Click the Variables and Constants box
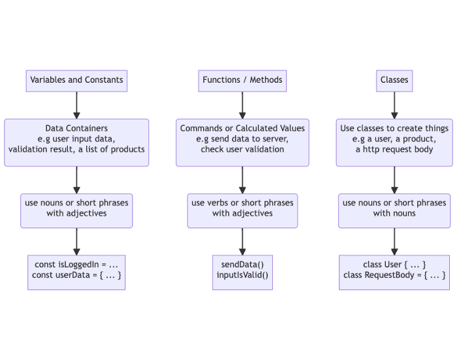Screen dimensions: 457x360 [76, 81]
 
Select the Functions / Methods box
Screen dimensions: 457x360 [242, 81]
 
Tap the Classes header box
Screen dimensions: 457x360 [394, 81]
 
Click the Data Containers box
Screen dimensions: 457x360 [76, 143]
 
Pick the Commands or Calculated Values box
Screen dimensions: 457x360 [242, 143]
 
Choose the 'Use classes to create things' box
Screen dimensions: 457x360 [394, 143]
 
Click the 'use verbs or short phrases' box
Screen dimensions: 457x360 [242, 211]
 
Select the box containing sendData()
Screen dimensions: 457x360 [242, 273]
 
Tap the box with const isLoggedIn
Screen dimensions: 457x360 [76, 273]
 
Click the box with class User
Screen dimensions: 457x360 [394, 273]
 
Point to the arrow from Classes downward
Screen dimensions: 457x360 [394, 106]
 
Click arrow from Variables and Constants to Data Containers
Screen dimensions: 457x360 [76, 106]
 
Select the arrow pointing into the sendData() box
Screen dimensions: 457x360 [242, 242]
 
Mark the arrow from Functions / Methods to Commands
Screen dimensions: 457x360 [242, 106]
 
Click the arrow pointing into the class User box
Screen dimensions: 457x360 [394, 242]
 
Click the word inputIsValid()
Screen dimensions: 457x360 [242, 275]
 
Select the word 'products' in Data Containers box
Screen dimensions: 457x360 [128, 150]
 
